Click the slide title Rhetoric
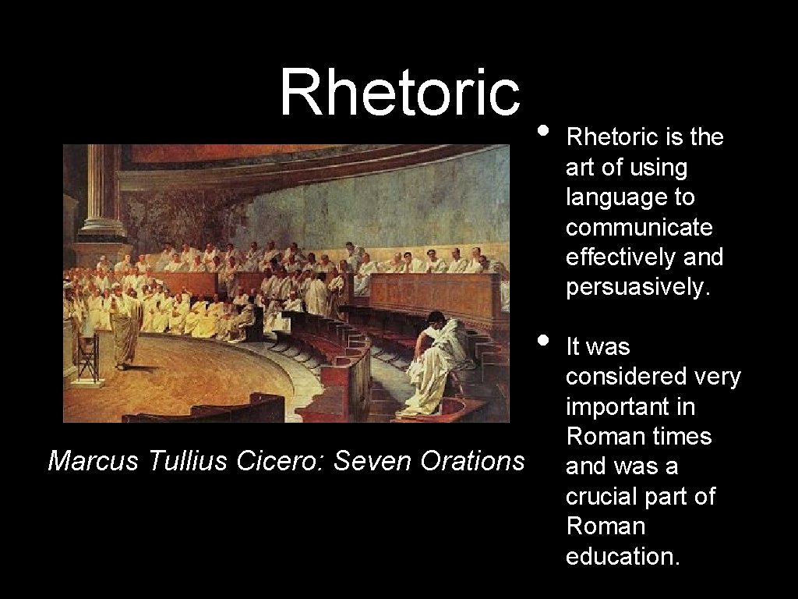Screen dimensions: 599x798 (x=399, y=93)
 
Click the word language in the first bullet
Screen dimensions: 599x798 (x=630, y=197)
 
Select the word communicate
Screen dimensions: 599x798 (x=639, y=227)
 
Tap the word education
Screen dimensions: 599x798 (x=623, y=556)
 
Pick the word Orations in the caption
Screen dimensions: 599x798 (x=471, y=461)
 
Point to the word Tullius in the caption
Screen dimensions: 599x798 (x=184, y=461)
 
